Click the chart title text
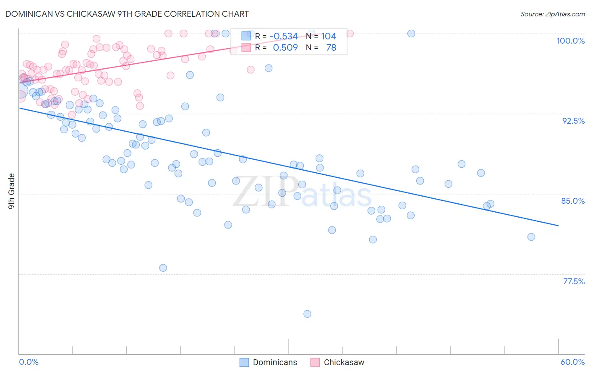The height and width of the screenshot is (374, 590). pyautogui.click(x=127, y=14)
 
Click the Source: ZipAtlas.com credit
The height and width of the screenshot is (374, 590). pyautogui.click(x=552, y=14)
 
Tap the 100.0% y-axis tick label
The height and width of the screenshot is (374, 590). pyautogui.click(x=570, y=41)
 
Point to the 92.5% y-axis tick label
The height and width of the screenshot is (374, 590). pyautogui.click(x=573, y=121)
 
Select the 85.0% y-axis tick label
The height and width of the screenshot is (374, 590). pyautogui.click(x=573, y=201)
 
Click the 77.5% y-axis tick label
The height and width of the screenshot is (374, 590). pyautogui.click(x=574, y=281)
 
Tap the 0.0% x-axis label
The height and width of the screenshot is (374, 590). pyautogui.click(x=29, y=362)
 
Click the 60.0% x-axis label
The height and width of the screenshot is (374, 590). pyautogui.click(x=572, y=362)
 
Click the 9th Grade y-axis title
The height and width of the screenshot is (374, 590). pyautogui.click(x=12, y=191)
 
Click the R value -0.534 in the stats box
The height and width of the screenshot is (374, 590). pyautogui.click(x=284, y=36)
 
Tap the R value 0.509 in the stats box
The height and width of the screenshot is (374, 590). pyautogui.click(x=285, y=48)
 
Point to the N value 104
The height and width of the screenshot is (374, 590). pyautogui.click(x=329, y=36)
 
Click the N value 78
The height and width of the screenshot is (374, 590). pyautogui.click(x=331, y=48)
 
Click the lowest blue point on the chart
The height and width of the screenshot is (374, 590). pyautogui.click(x=307, y=314)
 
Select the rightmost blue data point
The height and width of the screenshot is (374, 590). pyautogui.click(x=531, y=237)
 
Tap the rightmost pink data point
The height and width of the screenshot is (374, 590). pyautogui.click(x=350, y=34)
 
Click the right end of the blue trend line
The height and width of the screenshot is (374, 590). pyautogui.click(x=558, y=226)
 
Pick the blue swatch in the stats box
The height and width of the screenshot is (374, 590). pyautogui.click(x=246, y=36)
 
